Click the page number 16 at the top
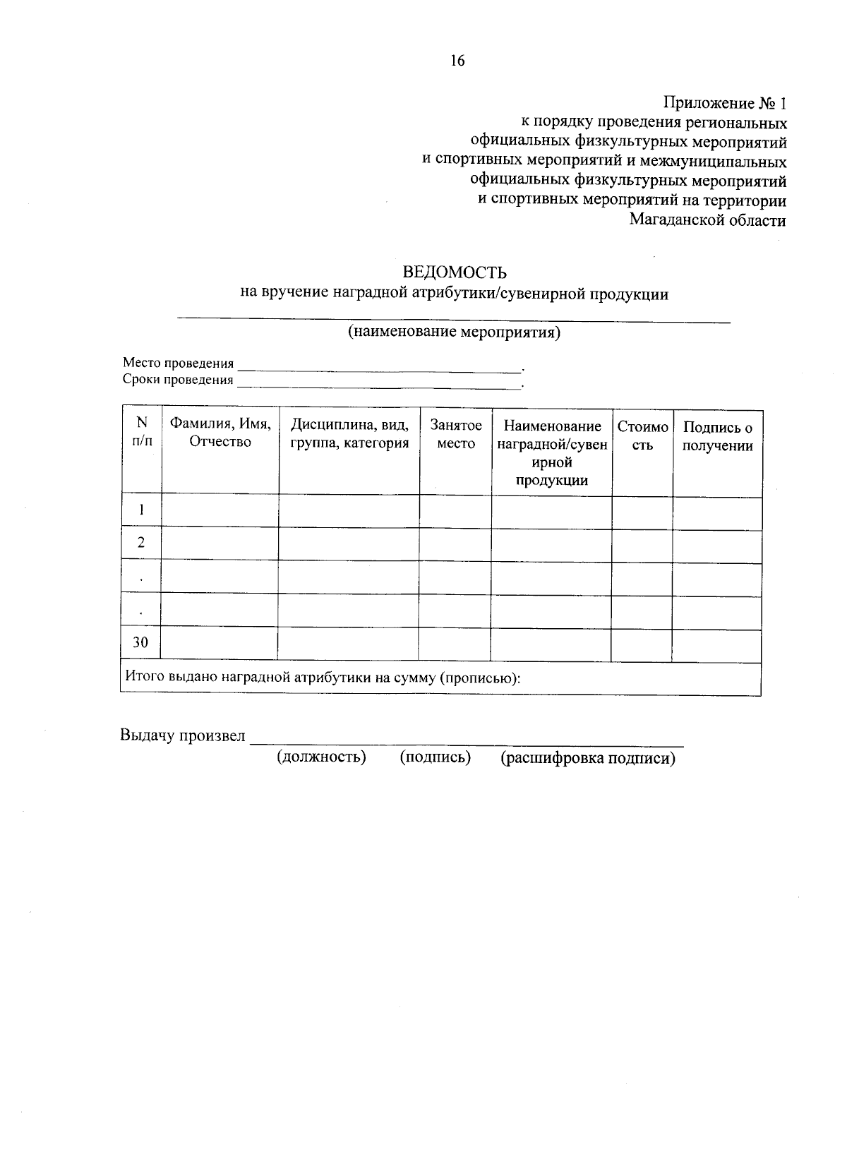457,61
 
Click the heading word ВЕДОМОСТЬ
455,272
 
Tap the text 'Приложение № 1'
724,104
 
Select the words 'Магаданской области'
708,220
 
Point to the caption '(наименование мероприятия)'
454,332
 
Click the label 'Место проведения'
178,363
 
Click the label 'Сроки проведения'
178,380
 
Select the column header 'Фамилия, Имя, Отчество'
220,433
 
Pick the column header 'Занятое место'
456,434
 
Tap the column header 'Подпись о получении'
718,436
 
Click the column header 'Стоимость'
642,435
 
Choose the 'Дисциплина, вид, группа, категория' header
349,433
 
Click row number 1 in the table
142,510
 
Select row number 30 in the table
141,642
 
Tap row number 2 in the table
142,542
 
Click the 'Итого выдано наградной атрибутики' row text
323,678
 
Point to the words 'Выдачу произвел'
183,735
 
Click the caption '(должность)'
321,757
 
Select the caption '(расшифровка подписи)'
588,758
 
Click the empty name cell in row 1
220,510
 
